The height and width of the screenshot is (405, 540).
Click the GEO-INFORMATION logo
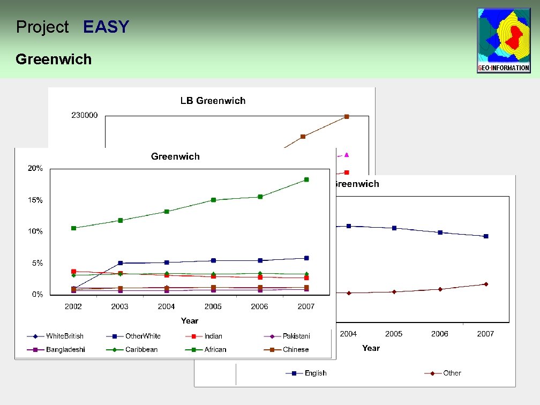click(x=504, y=40)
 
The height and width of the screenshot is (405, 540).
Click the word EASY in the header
click(x=106, y=27)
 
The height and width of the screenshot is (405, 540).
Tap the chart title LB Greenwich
click(x=213, y=101)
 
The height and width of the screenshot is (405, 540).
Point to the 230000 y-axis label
click(x=85, y=115)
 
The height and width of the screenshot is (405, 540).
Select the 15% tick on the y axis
click(x=35, y=200)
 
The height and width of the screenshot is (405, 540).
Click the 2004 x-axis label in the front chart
click(x=166, y=306)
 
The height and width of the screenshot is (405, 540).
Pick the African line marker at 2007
click(x=306, y=179)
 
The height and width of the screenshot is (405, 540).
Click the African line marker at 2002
click(x=73, y=228)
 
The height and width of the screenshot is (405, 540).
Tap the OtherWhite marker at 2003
click(x=120, y=263)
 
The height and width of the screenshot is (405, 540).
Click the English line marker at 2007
click(x=486, y=236)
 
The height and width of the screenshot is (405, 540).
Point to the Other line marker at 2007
click(x=486, y=284)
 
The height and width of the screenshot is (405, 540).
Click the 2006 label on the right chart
click(x=440, y=334)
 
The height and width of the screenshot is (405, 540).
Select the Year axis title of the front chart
click(x=189, y=320)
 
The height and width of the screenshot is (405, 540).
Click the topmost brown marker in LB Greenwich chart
click(x=347, y=116)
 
